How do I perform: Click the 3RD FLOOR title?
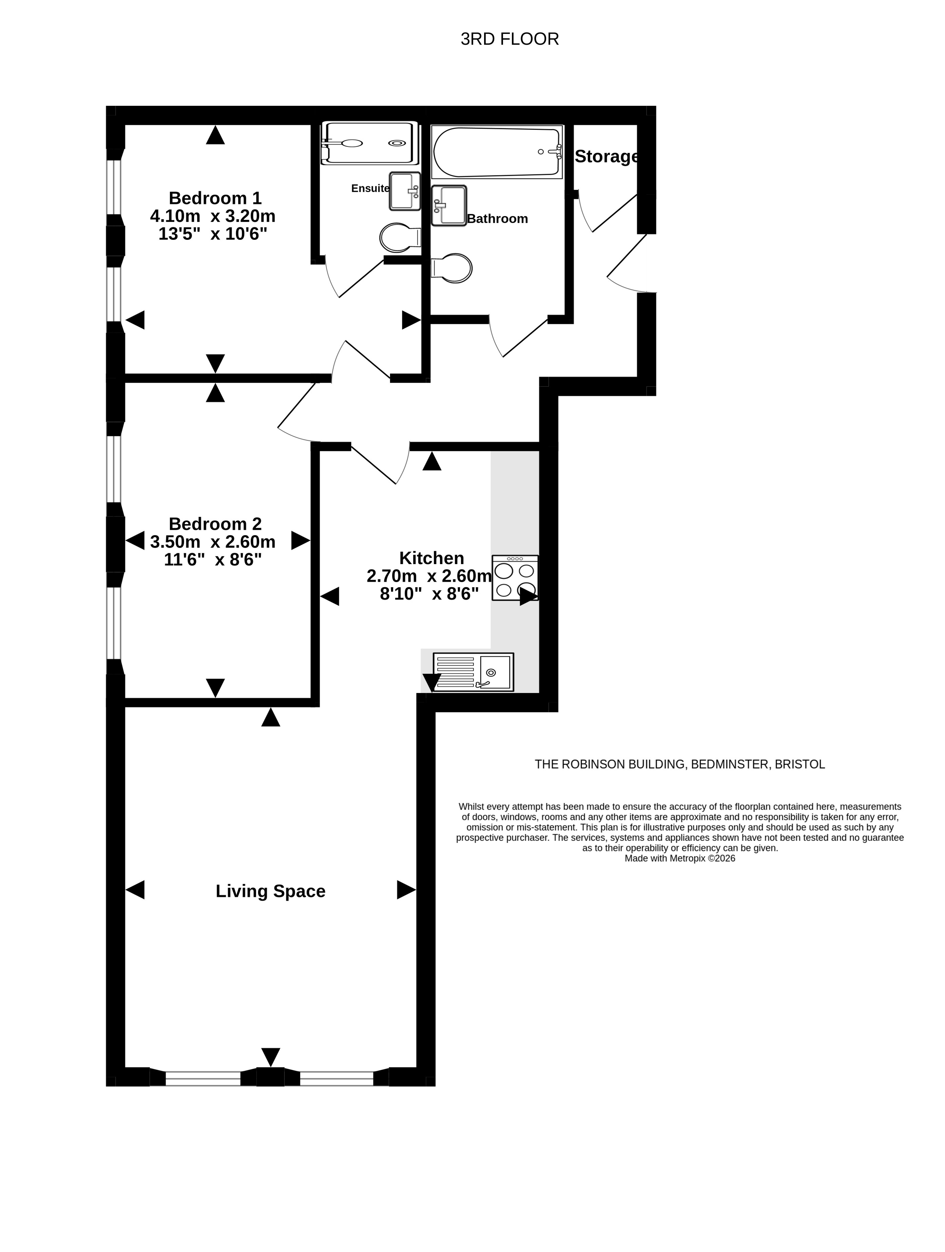(509, 39)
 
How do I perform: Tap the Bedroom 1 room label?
(215, 198)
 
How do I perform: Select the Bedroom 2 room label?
(215, 523)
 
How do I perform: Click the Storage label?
(606, 156)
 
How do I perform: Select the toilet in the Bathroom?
(451, 268)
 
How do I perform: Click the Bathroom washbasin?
(449, 206)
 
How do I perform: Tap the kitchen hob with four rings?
(515, 578)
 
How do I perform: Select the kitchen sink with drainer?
(473, 672)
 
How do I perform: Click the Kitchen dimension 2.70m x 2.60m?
(429, 576)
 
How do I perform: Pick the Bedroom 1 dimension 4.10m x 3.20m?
(213, 216)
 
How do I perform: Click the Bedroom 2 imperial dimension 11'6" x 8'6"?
(213, 560)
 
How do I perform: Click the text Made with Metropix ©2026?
(680, 858)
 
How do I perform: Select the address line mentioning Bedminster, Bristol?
(680, 764)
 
